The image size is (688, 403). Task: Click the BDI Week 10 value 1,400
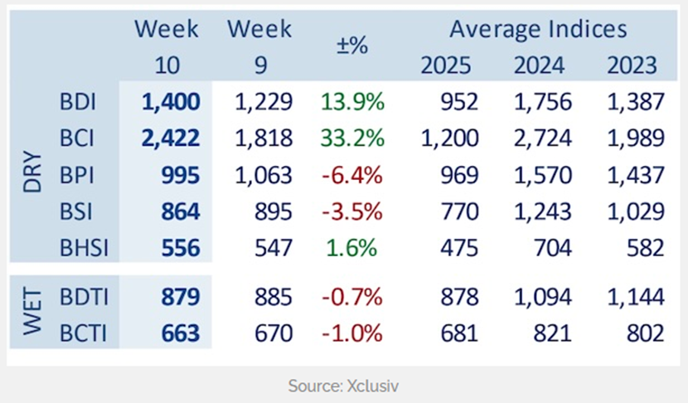172,102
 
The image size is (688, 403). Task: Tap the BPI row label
79,175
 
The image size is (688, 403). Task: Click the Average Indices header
538,30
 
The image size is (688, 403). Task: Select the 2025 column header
448,65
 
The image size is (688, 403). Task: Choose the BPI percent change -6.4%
351,175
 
